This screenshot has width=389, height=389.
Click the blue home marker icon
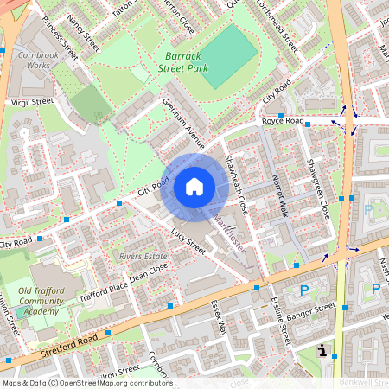click(x=194, y=186)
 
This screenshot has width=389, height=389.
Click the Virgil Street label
click(x=31, y=101)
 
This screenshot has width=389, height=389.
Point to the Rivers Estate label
click(x=143, y=256)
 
